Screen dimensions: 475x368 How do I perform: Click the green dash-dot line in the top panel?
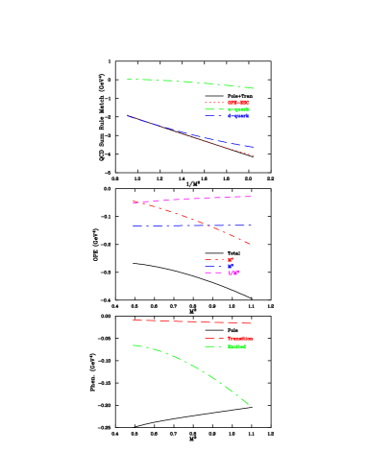pos(192,83)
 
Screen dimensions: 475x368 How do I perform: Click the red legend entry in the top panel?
pos(237,102)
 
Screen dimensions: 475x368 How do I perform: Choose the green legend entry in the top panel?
pos(237,109)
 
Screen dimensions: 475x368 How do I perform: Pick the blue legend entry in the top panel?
pos(237,116)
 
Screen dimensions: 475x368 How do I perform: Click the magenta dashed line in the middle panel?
pos(211,198)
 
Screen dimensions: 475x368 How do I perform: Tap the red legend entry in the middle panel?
pos(230,259)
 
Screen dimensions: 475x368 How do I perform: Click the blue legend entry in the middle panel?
pos(230,266)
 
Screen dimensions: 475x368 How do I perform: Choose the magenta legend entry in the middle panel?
pos(233,273)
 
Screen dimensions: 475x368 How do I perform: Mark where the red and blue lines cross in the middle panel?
pos(208,226)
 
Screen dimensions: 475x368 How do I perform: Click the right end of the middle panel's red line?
pos(251,245)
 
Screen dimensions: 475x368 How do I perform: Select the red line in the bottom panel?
pos(192,321)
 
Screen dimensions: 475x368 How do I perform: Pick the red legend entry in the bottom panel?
pos(239,339)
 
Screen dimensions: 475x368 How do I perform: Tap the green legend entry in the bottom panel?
pos(236,346)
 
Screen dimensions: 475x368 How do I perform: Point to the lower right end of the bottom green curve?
pos(249,404)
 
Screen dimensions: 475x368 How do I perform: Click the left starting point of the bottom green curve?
pos(133,345)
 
